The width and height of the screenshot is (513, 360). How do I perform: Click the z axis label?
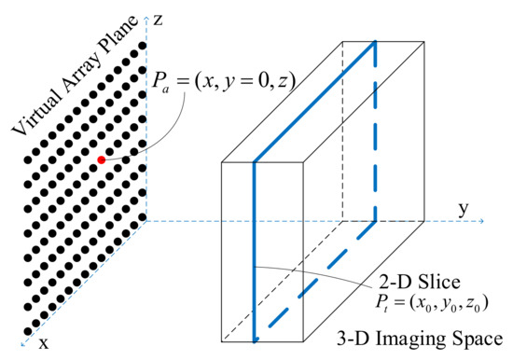tap(161, 19)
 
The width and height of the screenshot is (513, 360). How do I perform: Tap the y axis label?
tap(462, 206)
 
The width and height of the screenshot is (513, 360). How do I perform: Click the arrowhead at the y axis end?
tap(480, 221)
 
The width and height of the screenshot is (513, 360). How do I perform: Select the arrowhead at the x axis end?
tap(25, 339)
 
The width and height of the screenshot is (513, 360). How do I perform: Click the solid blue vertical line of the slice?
tap(254, 252)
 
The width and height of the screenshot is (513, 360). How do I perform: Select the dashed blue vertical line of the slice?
tap(376, 131)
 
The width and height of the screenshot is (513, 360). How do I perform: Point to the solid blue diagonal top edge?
tap(314, 102)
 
